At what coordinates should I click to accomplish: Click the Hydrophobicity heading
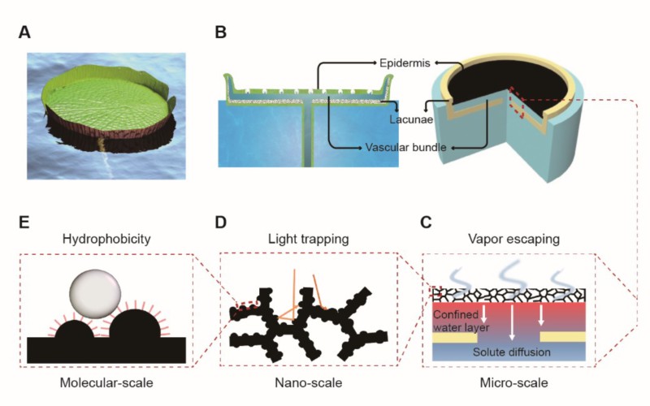click(108, 240)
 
